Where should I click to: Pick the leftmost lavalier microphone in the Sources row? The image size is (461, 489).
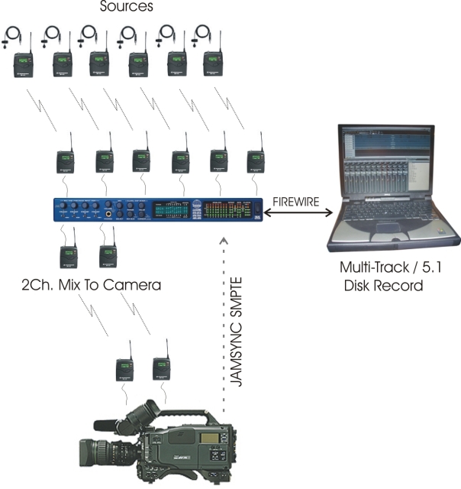pyautogui.click(x=14, y=34)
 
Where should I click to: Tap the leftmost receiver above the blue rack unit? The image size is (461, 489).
pyautogui.click(x=65, y=161)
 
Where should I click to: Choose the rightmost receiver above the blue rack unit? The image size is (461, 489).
pyautogui.click(x=256, y=161)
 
